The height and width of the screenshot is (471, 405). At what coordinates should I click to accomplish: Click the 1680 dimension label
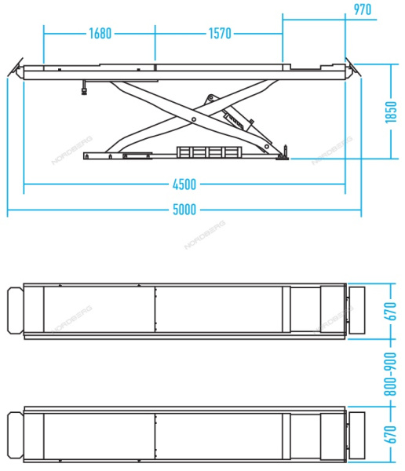tap(100, 33)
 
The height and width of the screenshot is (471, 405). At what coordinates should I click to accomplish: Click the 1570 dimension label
tap(220, 33)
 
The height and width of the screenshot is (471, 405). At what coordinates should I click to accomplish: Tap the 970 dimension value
tap(362, 9)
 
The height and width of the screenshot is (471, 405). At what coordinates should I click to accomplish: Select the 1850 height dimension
tap(391, 112)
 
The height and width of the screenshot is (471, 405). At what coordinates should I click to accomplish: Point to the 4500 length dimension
tap(184, 184)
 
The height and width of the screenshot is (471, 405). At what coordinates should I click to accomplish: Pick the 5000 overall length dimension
tap(184, 210)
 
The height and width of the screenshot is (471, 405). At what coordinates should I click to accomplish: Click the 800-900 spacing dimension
tap(391, 374)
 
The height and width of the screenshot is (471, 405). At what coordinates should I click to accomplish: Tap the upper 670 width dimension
tap(391, 311)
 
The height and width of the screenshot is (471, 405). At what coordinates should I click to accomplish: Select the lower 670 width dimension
tap(391, 434)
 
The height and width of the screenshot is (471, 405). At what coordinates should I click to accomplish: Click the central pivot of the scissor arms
tap(194, 119)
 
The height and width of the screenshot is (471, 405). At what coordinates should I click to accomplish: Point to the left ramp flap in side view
tap(16, 68)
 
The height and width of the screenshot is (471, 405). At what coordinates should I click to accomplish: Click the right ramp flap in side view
tap(353, 68)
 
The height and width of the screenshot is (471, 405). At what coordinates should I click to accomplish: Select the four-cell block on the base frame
tap(209, 152)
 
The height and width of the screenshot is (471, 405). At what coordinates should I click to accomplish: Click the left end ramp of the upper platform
tap(16, 310)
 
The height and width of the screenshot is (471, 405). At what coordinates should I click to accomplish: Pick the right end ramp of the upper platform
tap(357, 310)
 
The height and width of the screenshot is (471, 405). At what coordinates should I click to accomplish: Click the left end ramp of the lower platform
tap(16, 435)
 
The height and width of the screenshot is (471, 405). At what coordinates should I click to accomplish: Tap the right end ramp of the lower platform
tap(357, 435)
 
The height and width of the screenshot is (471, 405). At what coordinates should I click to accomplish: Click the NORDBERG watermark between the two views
tap(205, 235)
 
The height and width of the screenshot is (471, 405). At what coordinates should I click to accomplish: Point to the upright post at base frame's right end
tap(285, 151)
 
